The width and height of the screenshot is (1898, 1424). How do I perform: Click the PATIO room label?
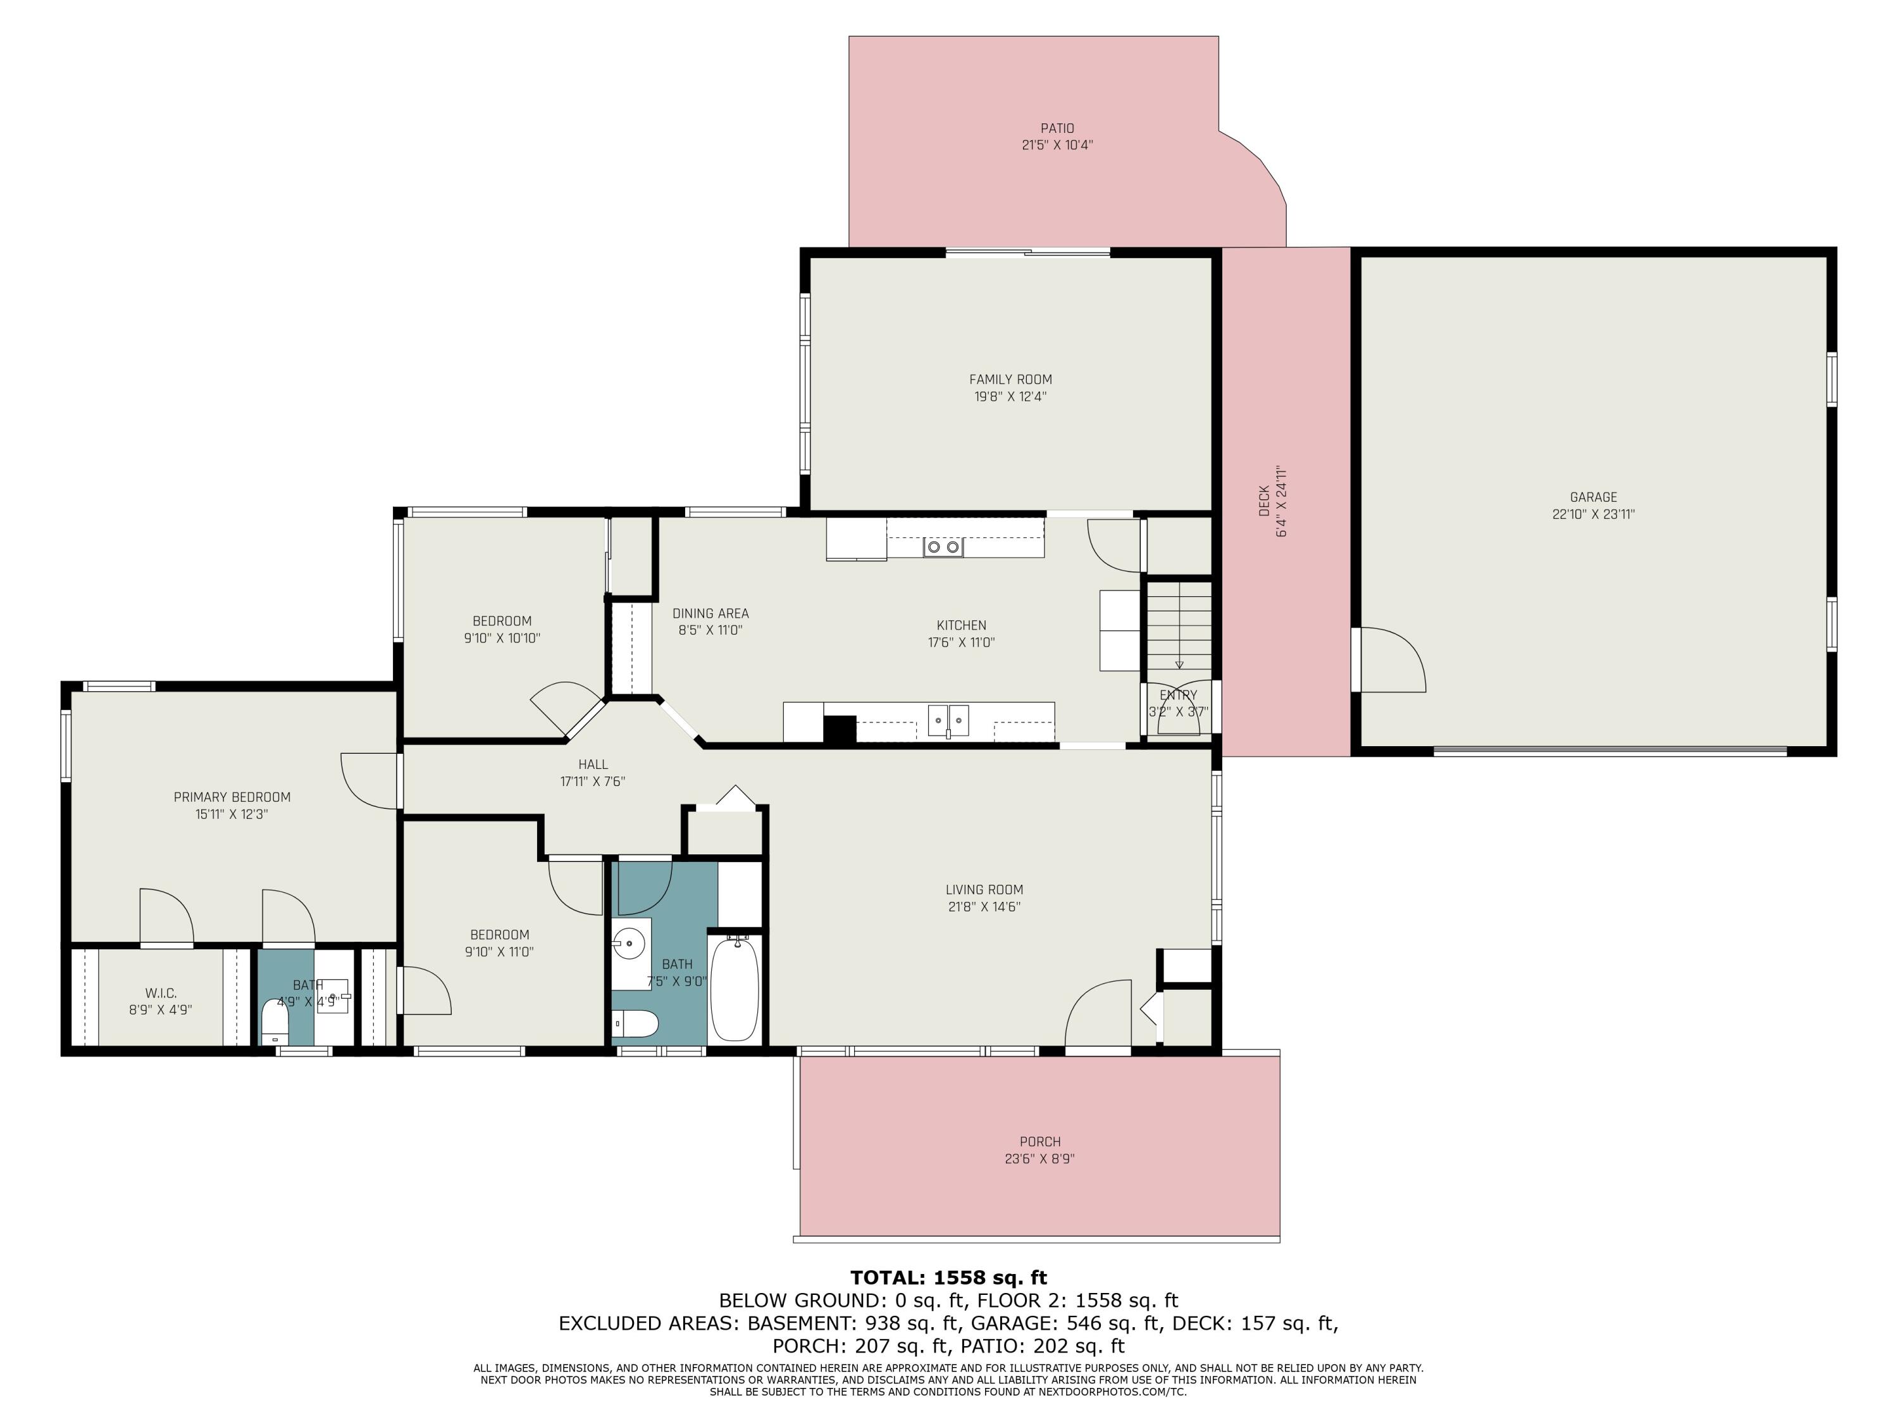coord(1057,128)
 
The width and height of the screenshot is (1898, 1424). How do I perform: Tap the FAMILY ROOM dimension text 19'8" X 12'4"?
coord(1010,397)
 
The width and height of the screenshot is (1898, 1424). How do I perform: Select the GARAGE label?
coord(1594,497)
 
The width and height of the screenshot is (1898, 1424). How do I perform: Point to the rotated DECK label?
coord(1264,501)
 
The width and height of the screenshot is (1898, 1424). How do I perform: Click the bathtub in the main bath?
coord(735,988)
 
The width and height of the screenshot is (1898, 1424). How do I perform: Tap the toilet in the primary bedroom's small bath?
coord(275,1020)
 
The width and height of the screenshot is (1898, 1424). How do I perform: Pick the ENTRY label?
coord(1178,696)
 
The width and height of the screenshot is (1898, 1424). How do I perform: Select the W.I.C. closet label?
coord(161,993)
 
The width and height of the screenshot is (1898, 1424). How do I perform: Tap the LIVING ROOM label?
coord(984,890)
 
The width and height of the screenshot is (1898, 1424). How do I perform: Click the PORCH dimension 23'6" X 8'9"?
coord(1040,1159)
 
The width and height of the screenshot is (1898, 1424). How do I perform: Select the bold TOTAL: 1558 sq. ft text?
coord(948,1278)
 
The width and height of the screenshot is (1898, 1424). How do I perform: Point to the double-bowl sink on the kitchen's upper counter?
coord(943,547)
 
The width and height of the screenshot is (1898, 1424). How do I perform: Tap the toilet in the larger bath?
coord(635,1024)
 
